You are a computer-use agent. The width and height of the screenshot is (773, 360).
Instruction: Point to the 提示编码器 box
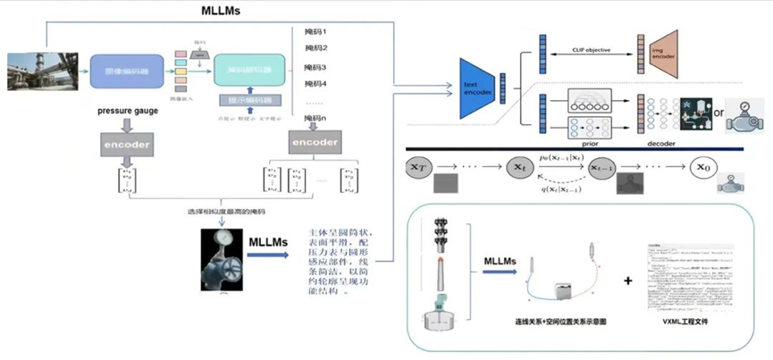(x=249, y=100)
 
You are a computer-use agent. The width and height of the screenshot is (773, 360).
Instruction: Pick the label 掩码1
(x=315, y=31)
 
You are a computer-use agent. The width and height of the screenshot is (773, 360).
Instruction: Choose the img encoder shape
(x=651, y=52)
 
